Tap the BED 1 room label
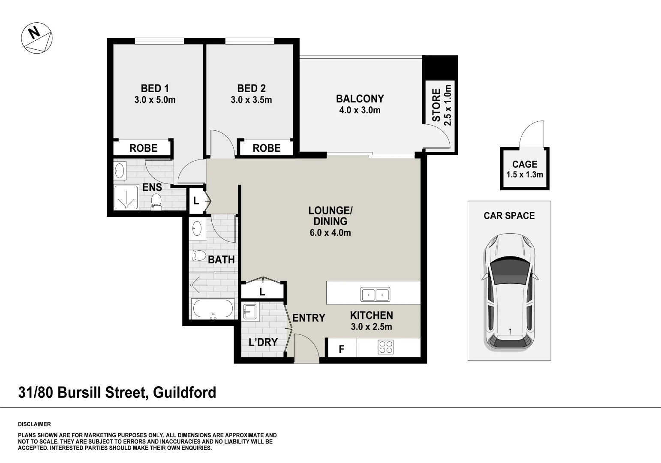coord(155,88)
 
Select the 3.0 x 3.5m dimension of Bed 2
coord(251,100)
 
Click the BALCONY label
coord(360,99)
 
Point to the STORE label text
coord(436,105)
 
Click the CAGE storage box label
coord(524,164)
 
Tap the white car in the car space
coord(509,292)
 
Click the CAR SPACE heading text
coord(509,216)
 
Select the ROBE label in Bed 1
coord(143,148)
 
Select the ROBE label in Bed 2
coord(266,148)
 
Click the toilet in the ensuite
coord(156,201)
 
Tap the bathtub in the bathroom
coord(213,309)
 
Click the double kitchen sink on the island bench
coord(375,295)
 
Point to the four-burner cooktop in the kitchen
coord(386,347)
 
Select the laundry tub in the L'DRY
coord(249,312)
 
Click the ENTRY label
coord(309,318)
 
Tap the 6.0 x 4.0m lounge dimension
coord(330,233)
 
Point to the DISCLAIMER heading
coord(34,424)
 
